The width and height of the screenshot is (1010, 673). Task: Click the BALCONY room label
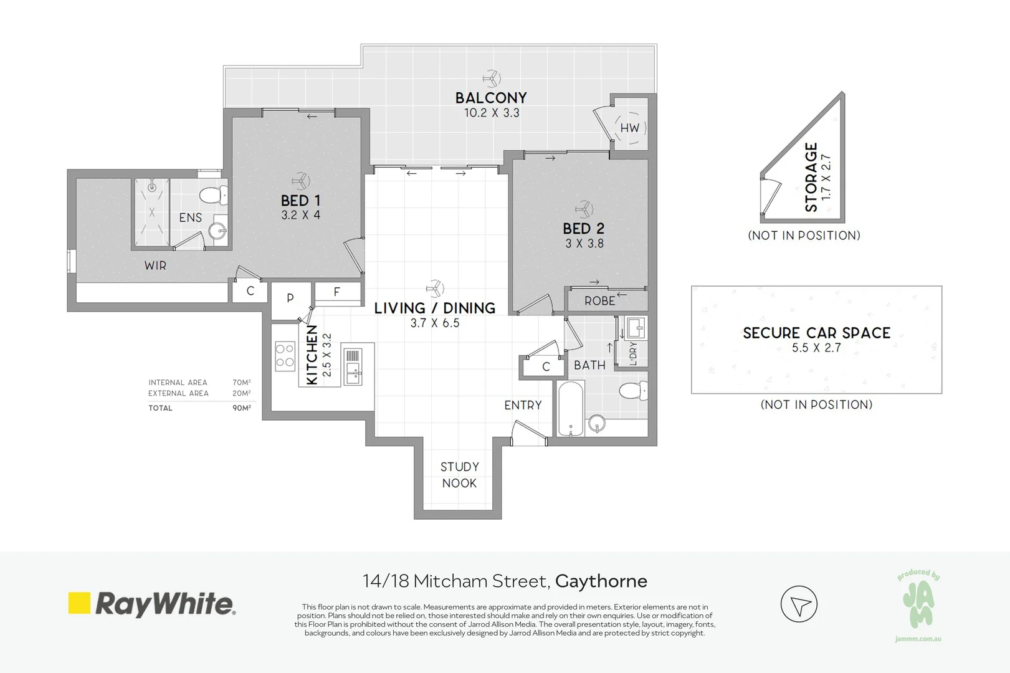point(491,98)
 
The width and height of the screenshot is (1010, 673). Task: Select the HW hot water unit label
point(629,128)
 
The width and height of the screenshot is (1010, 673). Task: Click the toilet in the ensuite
point(214,195)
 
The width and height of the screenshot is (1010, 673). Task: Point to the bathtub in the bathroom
point(570,408)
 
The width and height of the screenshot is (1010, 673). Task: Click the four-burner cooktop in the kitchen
point(285,356)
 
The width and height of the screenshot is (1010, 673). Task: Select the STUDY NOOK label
point(459,475)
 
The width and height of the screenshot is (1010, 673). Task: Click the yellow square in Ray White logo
point(79,603)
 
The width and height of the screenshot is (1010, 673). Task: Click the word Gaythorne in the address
point(601,581)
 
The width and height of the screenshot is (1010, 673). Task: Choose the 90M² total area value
point(242,408)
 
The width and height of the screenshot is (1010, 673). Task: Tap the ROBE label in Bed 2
point(599,301)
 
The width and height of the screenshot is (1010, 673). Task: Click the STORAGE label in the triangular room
point(811,177)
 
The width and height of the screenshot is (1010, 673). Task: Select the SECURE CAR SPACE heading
point(817,333)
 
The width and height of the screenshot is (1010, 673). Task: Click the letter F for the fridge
point(337,292)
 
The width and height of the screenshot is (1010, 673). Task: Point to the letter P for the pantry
point(290,298)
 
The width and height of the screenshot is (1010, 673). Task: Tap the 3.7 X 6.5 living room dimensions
point(435,323)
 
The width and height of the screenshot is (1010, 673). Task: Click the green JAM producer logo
point(918,604)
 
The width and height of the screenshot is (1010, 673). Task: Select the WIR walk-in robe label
point(155,265)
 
